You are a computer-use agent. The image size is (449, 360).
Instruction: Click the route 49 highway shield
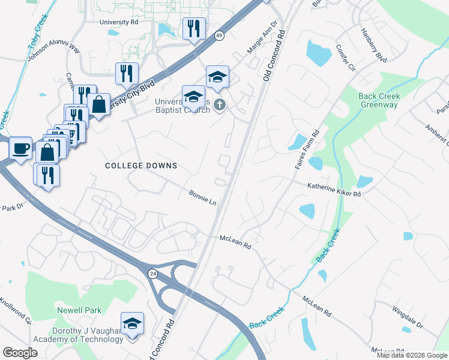(x=220, y=36)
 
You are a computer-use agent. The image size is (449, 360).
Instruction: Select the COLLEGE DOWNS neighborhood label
(x=141, y=166)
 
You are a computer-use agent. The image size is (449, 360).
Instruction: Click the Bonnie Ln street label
(x=202, y=198)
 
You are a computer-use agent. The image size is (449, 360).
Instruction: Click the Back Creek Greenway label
(x=378, y=100)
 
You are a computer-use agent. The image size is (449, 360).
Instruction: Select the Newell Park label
(x=79, y=310)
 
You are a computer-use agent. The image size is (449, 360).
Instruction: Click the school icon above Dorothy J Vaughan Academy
(x=132, y=323)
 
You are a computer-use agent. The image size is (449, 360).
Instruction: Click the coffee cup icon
(x=20, y=148)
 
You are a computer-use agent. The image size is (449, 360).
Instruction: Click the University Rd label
(x=119, y=22)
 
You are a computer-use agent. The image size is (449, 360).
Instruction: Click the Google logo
(x=20, y=353)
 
